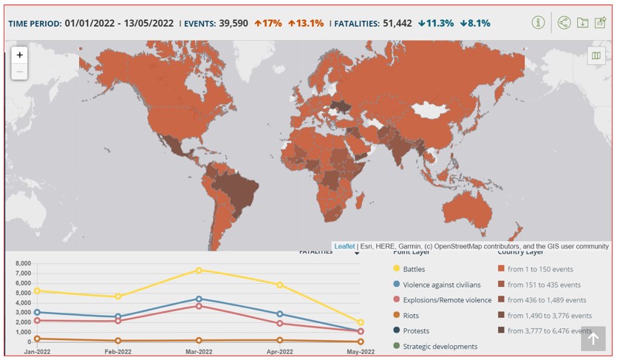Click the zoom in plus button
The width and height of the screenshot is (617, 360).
point(20,55)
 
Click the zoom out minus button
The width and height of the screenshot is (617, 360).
point(20,72)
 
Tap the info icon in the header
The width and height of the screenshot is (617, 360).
point(539,22)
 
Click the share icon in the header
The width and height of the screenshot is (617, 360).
point(565,22)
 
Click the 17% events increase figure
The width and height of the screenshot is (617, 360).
point(268,23)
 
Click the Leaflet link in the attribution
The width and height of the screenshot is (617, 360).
point(344,246)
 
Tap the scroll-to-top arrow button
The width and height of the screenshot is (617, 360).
point(593,339)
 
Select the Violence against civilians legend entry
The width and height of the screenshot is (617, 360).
point(441,285)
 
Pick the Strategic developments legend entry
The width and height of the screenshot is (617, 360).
point(440,346)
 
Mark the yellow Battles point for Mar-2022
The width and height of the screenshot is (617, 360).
point(199,271)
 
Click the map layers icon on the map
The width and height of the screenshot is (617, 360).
point(595,55)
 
